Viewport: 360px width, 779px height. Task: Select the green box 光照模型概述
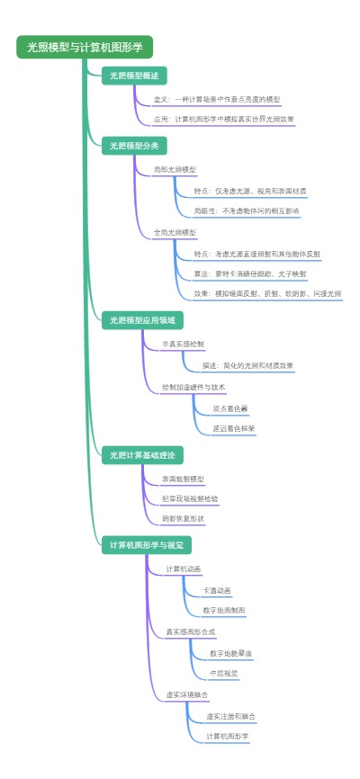(134, 76)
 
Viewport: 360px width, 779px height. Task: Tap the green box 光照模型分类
(134, 145)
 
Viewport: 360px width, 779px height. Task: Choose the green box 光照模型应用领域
(142, 319)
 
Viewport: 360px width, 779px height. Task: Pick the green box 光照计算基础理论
(142, 454)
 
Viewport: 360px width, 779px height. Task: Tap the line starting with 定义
(217, 99)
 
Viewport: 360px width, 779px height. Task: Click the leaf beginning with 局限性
(247, 210)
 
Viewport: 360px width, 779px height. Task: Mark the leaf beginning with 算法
(250, 273)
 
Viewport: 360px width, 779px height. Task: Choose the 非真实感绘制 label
(183, 344)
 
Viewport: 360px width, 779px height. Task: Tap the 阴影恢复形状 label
(183, 518)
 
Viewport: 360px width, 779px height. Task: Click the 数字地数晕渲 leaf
(231, 653)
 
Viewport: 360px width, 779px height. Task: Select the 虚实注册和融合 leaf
(230, 716)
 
